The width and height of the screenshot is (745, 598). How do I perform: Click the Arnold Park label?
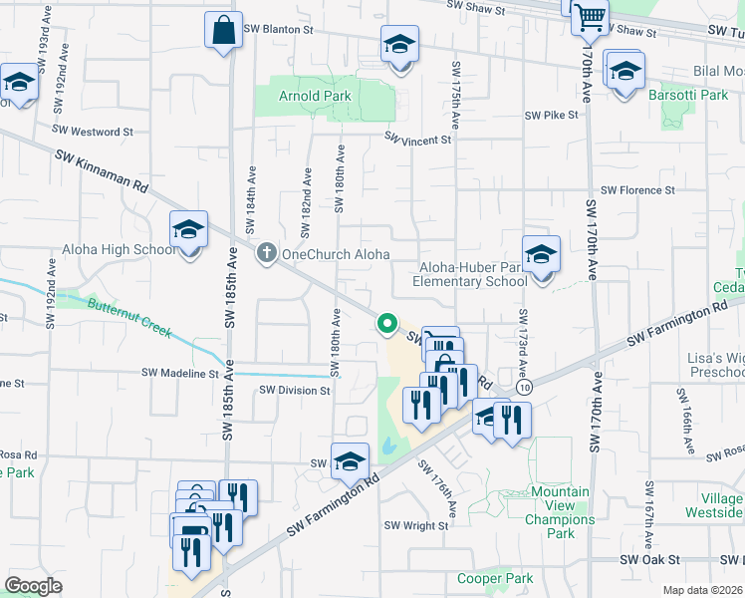[313, 97]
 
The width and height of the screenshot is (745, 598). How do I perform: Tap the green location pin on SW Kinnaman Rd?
[386, 323]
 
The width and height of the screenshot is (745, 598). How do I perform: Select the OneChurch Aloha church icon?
[266, 253]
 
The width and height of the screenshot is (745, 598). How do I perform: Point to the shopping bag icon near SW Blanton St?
[223, 30]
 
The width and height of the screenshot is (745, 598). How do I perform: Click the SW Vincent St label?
[418, 141]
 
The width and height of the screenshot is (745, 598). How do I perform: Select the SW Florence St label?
[638, 189]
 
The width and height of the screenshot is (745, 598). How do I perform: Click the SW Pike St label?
[553, 116]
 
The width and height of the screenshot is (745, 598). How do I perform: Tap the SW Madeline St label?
[179, 373]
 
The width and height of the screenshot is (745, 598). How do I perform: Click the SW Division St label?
[294, 391]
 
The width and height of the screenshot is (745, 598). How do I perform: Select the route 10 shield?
[523, 386]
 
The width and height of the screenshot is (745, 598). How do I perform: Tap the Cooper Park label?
[495, 578]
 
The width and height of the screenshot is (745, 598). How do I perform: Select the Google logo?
[33, 585]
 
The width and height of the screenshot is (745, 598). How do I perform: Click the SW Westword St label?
[93, 131]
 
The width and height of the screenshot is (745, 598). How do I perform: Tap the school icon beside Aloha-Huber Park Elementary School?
[541, 255]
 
